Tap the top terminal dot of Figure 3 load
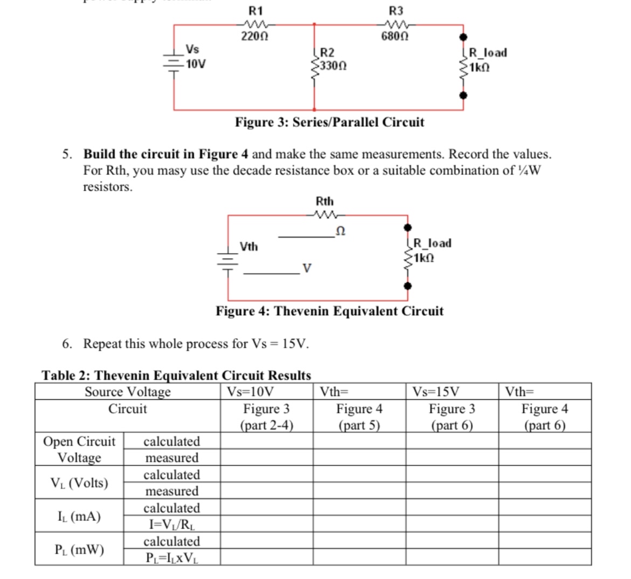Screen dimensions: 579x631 pos(463,37)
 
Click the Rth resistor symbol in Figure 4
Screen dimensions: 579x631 pos(324,215)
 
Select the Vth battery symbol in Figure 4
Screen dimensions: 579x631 pos(228,257)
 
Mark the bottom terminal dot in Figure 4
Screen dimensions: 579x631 pos(408,285)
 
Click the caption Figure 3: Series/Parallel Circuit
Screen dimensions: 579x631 pos(329,122)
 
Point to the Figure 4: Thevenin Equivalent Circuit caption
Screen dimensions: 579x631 pos(330,311)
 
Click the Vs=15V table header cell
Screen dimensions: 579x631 pos(436,391)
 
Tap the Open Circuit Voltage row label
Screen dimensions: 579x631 pos(79,449)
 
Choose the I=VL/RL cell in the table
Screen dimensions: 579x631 pos(172,524)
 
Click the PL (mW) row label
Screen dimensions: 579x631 pos(79,549)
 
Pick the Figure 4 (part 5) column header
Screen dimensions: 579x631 pos(359,417)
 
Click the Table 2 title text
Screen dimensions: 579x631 pos(176,375)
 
